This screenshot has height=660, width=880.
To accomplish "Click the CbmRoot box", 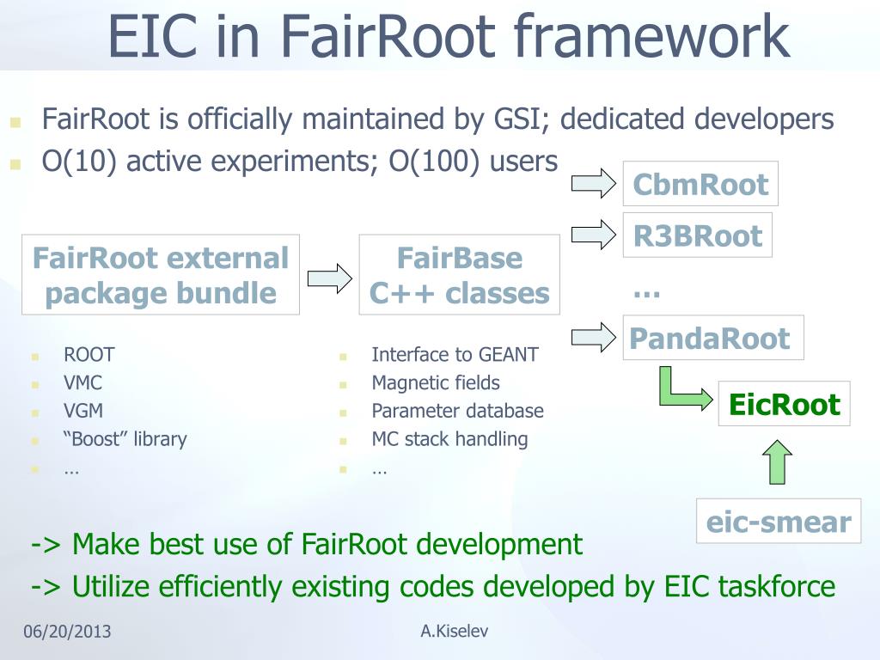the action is click(x=700, y=184).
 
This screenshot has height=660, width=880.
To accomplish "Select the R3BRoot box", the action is click(x=697, y=235).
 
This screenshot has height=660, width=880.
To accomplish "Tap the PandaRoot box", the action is click(x=712, y=338).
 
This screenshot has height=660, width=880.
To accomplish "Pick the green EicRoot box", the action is click(x=784, y=404).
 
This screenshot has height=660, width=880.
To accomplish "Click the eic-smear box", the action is click(x=778, y=522).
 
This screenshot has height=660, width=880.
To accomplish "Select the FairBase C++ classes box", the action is click(x=459, y=275).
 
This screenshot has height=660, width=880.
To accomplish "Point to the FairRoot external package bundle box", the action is click(x=161, y=275).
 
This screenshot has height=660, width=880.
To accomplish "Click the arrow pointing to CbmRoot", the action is click(x=594, y=182).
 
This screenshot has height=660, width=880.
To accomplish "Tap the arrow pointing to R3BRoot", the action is click(x=594, y=234).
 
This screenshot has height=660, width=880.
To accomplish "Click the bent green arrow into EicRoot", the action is click(x=678, y=391).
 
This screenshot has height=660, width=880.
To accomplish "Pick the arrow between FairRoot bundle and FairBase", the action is click(x=329, y=278).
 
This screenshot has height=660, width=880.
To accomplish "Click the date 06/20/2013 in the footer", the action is click(x=67, y=632).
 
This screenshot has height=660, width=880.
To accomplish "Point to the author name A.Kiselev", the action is click(x=455, y=632).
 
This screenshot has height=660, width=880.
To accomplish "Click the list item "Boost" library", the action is click(x=125, y=439).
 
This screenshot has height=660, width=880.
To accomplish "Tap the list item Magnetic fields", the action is click(x=435, y=382).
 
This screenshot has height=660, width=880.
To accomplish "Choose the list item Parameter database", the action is click(x=457, y=411).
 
